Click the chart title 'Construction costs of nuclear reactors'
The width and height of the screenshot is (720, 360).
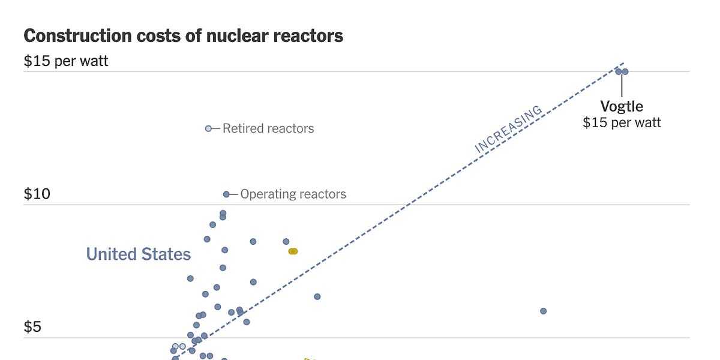pos(183,36)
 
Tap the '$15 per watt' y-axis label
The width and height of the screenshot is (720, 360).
pos(66,61)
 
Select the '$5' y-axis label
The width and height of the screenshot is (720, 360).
pos(32,327)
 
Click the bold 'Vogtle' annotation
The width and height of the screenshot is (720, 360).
pos(622,107)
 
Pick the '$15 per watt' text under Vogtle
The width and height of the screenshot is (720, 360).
pos(622,123)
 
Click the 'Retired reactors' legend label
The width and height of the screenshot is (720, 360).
pos(268,128)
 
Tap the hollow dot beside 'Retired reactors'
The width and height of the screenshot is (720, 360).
pos(209,128)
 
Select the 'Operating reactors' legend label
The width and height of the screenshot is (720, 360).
pos(293,194)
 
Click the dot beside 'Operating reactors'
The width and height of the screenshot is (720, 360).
pos(226,194)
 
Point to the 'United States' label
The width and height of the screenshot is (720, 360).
pos(139,254)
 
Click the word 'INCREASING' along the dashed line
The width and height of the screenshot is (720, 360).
pos(508,130)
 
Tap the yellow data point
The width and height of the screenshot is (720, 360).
pos(293,251)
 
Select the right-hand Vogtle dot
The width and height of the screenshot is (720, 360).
pos(625,71)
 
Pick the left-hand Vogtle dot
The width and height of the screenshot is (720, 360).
pos(618,71)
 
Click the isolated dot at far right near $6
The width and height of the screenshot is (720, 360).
pos(543,311)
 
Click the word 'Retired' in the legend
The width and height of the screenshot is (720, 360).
pos(241,128)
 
